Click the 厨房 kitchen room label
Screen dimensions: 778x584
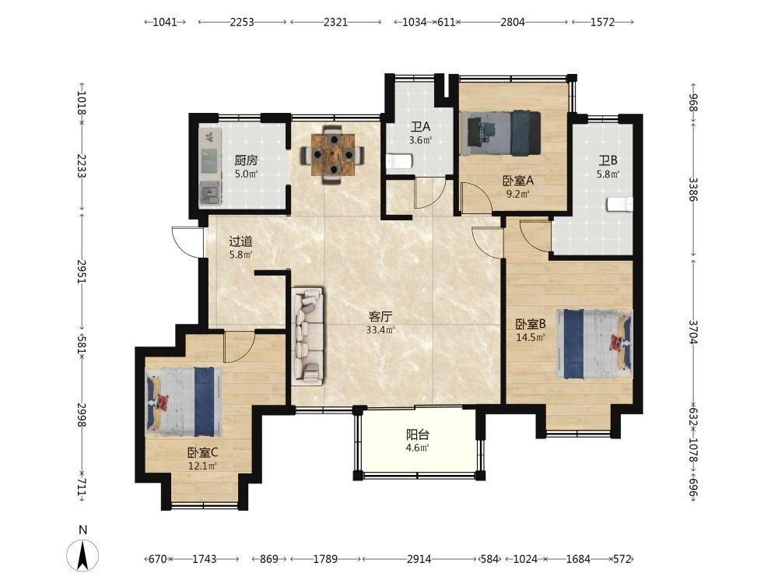click(x=246, y=160)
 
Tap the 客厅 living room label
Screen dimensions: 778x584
click(x=380, y=316)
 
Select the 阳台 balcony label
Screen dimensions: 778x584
click(x=418, y=435)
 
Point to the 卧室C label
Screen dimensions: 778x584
click(x=203, y=453)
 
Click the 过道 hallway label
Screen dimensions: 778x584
click(x=240, y=242)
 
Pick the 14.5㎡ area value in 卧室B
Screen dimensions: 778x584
click(x=531, y=338)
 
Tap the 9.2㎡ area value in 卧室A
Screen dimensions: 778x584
click(x=518, y=194)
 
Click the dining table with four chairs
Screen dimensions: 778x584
click(x=333, y=154)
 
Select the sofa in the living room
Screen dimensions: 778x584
click(x=308, y=336)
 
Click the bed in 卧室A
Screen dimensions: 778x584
click(x=500, y=133)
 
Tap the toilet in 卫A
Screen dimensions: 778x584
click(x=399, y=162)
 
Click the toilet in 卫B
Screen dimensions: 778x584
click(x=620, y=204)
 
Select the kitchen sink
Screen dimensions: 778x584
click(x=210, y=192)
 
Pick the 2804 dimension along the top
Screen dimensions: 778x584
click(x=513, y=22)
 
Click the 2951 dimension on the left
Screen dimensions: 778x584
click(x=82, y=272)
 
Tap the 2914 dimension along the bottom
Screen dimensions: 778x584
click(x=419, y=559)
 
